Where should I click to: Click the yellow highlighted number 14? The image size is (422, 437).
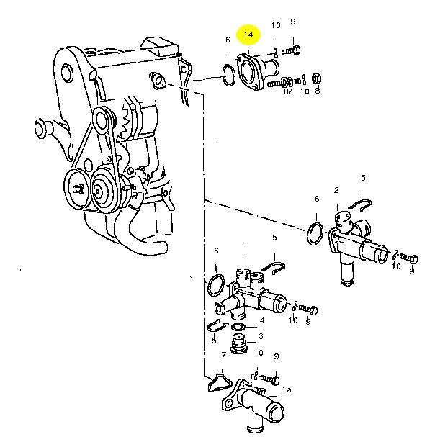[x=248, y=35]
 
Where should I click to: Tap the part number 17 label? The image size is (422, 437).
[x=287, y=91]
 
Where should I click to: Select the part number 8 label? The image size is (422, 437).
[x=318, y=91]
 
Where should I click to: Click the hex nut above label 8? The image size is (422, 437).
[x=316, y=79]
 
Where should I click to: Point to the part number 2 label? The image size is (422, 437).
[x=336, y=190]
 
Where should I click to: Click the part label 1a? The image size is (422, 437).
[x=287, y=389]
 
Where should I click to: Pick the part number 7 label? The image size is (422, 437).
[x=223, y=355]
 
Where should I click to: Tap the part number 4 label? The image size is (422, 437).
[x=262, y=320]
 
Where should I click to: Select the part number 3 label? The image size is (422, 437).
[x=261, y=336]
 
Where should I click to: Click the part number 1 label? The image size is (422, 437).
[x=243, y=245]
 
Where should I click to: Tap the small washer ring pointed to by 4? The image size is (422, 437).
[x=238, y=326]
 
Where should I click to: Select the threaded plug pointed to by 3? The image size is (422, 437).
[x=238, y=343]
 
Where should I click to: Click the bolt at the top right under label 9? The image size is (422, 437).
[x=291, y=50]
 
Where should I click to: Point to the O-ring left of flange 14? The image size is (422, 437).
[x=228, y=75]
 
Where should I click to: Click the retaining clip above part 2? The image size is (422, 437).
[x=360, y=205]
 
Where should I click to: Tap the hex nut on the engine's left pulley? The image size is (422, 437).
[x=77, y=189]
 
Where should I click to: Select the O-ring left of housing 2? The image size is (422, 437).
[x=315, y=233]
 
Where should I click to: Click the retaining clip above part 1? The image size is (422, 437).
[x=274, y=269]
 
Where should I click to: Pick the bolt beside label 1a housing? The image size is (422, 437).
[x=269, y=379]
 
